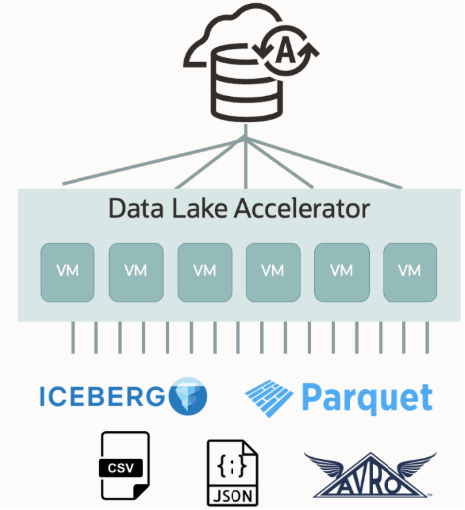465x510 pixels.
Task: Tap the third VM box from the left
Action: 203,269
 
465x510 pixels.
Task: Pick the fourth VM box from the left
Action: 272,269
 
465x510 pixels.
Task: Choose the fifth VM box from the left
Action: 341,269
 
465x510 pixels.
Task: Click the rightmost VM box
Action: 409,269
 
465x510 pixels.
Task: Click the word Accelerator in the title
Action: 309,210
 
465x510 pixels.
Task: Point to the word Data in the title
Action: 130,210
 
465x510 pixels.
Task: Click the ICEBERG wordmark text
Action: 98,397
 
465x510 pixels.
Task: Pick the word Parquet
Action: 367,397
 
